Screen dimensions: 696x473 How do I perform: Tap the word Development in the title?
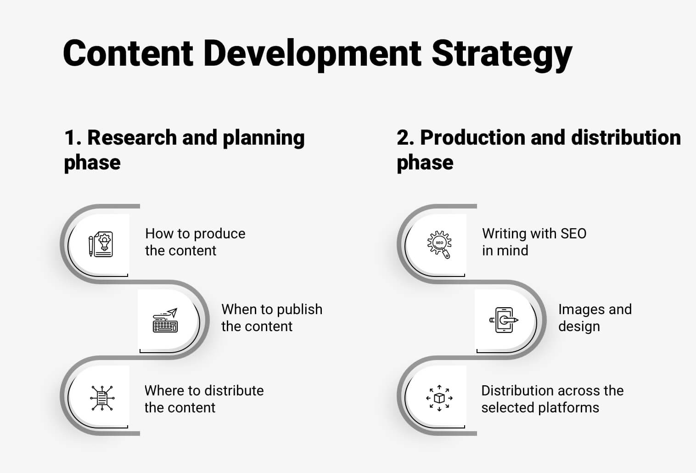pyautogui.click(x=312, y=53)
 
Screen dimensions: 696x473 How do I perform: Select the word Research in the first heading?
pyautogui.click(x=132, y=137)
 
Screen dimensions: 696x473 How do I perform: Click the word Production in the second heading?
pyautogui.click(x=472, y=137)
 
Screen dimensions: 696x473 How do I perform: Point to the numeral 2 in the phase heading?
pyautogui.click(x=403, y=138)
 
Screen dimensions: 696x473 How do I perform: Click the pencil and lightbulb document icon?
pyautogui.click(x=101, y=244)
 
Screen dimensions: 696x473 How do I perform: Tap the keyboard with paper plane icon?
pyautogui.click(x=165, y=321)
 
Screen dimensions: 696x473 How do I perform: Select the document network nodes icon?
pyautogui.click(x=102, y=398)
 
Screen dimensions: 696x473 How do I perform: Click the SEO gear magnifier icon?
pyautogui.click(x=439, y=245)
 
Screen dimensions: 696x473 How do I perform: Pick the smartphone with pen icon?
pyautogui.click(x=504, y=320)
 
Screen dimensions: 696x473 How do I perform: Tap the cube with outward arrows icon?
pyautogui.click(x=439, y=398)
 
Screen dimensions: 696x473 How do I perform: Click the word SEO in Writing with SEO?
pyautogui.click(x=573, y=234)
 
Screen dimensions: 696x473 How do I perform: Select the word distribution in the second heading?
pyautogui.click(x=626, y=137)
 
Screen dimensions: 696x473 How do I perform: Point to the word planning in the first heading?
pyautogui.click(x=264, y=138)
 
